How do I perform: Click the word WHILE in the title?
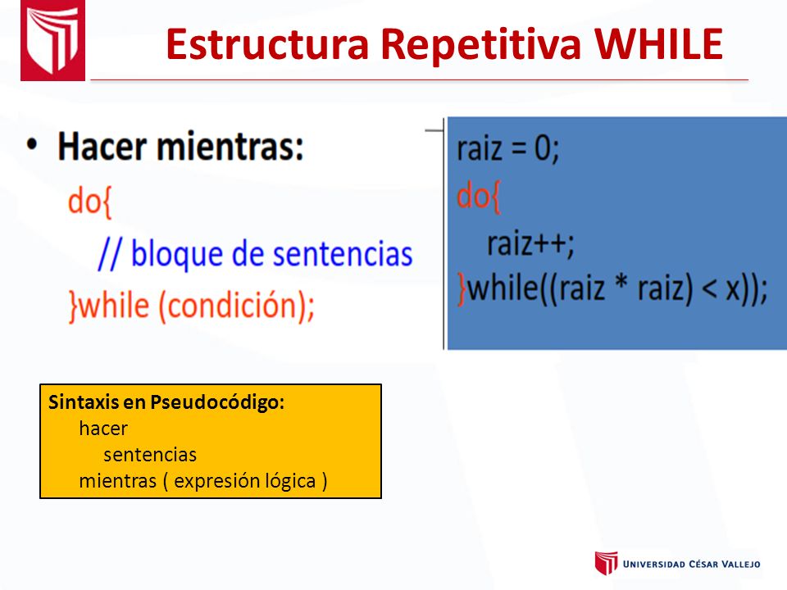tap(658, 44)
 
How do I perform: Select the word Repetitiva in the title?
tap(481, 45)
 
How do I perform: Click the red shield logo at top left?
tap(52, 40)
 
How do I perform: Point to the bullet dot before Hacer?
tap(32, 146)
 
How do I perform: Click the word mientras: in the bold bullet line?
tap(230, 146)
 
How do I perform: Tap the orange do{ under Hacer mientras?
tap(90, 202)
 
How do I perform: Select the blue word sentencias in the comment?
tap(343, 253)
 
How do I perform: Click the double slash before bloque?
tap(110, 254)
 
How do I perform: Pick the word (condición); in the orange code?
tap(236, 306)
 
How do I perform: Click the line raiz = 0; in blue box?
tap(507, 149)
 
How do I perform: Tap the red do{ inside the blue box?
tap(478, 196)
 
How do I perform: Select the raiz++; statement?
tap(530, 244)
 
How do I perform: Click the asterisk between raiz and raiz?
tap(621, 284)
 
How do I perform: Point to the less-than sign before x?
tap(708, 290)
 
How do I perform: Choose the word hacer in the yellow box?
tap(103, 429)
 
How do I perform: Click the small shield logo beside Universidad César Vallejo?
tap(606, 563)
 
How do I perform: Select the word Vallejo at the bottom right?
tap(740, 564)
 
